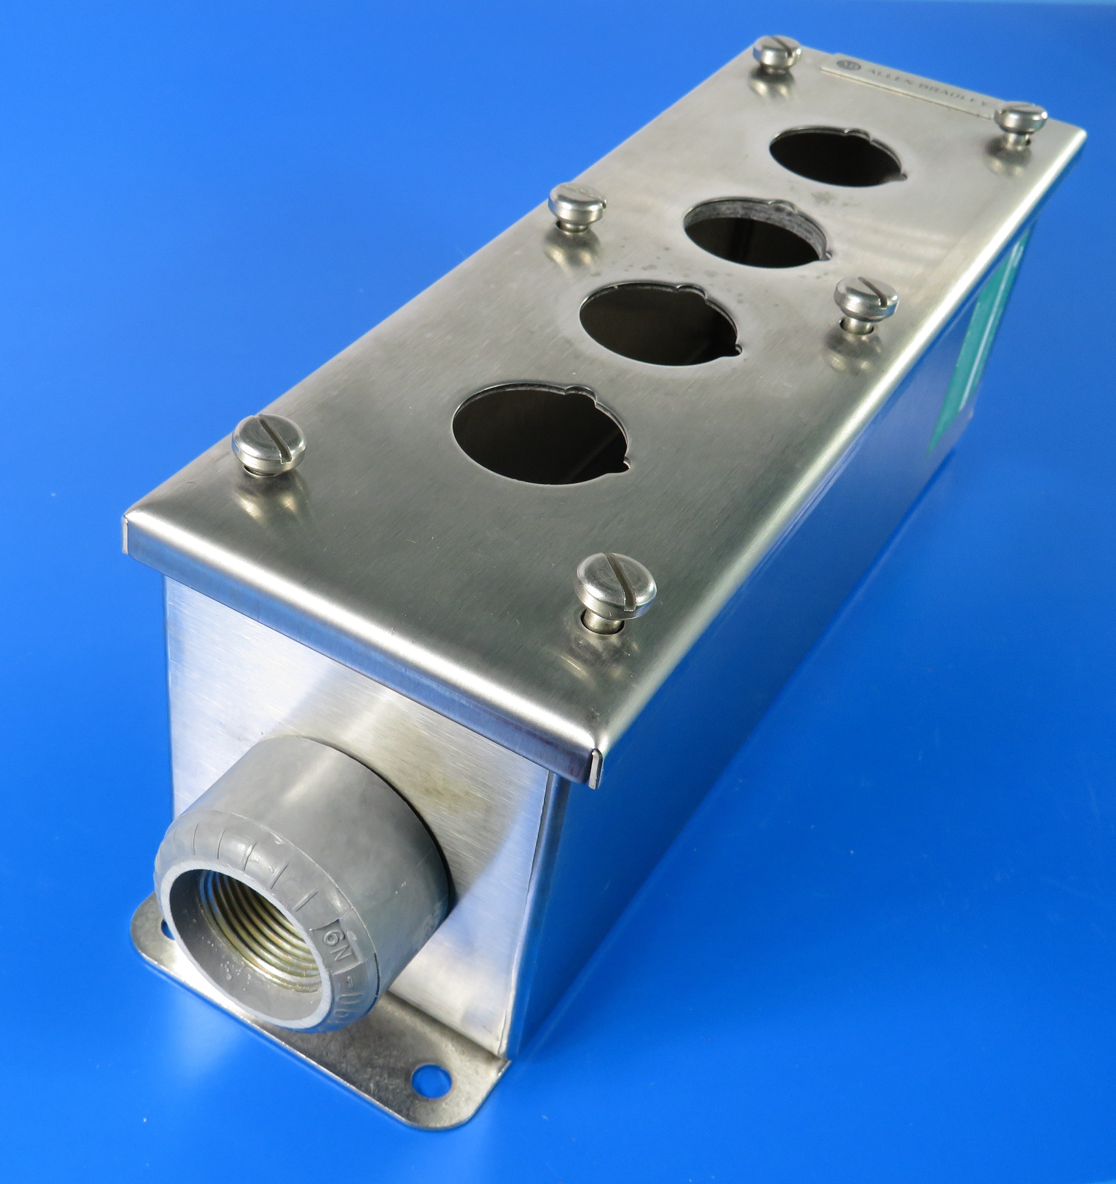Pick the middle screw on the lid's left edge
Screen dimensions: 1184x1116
pos(576,202)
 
